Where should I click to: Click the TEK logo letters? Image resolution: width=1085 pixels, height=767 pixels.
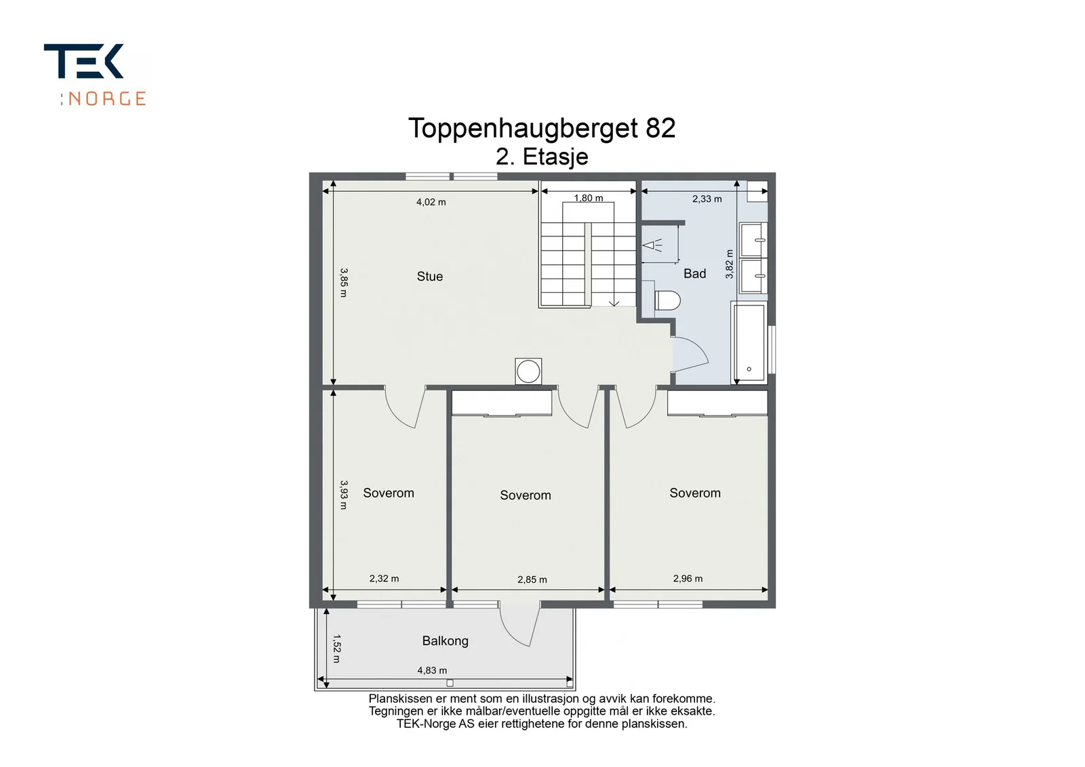[x=83, y=61]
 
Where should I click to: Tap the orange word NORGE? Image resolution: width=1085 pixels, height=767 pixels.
[x=106, y=99]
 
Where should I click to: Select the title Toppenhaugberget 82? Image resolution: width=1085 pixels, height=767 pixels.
[x=542, y=129]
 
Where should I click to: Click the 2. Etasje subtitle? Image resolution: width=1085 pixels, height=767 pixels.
[x=542, y=157]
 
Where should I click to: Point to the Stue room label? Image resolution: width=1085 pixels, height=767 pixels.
[x=430, y=276]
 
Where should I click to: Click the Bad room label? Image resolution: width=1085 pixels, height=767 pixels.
[x=694, y=274]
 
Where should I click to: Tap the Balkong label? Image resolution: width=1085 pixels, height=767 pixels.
[x=445, y=641]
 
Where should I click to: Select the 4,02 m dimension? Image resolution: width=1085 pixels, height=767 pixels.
[x=431, y=203]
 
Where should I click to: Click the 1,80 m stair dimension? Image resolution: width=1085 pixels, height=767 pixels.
[x=589, y=198]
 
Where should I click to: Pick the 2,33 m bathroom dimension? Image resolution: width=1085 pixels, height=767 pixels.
[x=707, y=199]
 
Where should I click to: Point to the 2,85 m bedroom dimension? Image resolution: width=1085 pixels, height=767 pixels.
[x=532, y=580]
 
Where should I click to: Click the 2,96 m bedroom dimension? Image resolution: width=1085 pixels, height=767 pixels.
[x=688, y=579]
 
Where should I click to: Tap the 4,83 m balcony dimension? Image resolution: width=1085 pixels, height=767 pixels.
[x=432, y=671]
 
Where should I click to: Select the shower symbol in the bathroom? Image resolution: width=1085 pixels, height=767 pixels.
[x=652, y=245]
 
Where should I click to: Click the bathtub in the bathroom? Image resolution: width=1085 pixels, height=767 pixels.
[x=749, y=342]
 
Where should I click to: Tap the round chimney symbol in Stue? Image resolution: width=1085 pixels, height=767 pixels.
[x=528, y=372]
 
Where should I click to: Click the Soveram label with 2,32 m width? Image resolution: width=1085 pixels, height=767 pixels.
[x=389, y=493]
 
